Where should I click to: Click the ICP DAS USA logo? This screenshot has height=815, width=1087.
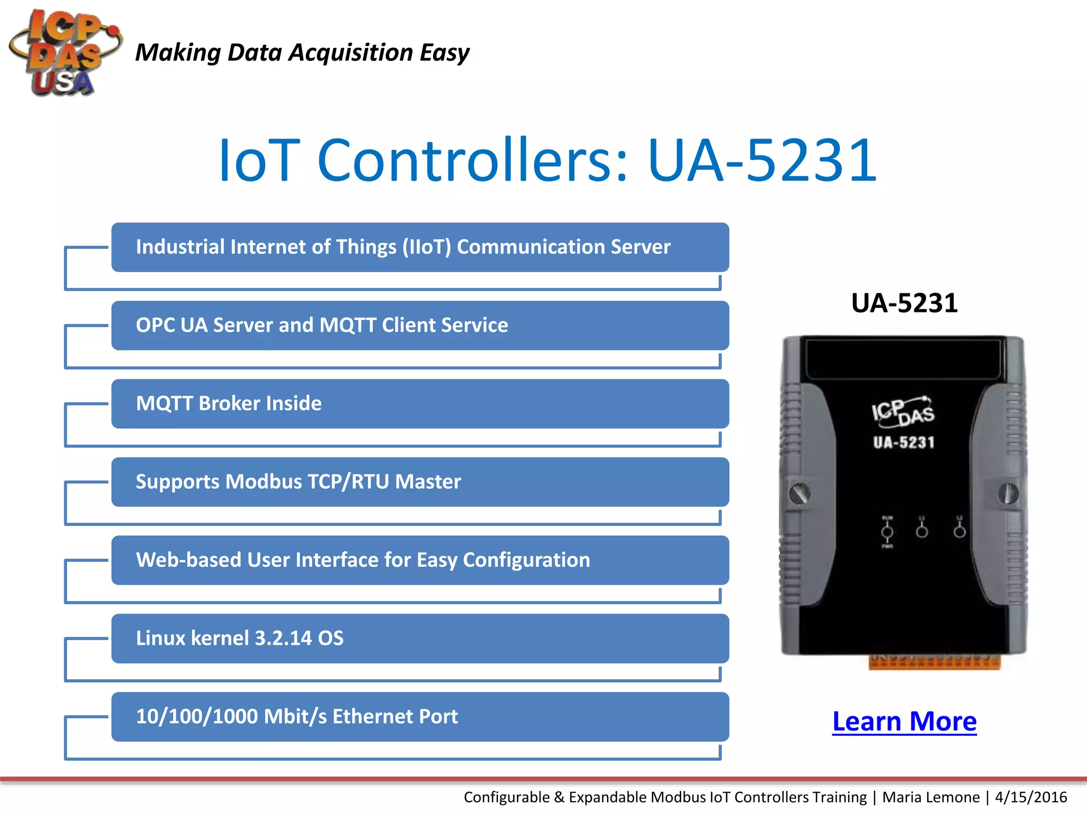click(64, 53)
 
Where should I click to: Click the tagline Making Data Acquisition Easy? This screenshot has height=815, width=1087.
click(302, 53)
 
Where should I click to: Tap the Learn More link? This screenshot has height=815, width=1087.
click(904, 722)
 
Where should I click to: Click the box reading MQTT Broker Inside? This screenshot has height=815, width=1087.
click(419, 404)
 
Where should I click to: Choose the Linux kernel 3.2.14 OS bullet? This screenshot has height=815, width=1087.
click(419, 638)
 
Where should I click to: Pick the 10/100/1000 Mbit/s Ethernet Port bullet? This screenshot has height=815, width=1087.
click(419, 717)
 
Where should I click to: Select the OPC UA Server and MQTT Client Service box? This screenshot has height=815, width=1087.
click(419, 325)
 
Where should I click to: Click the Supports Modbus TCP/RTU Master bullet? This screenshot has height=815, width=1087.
click(419, 482)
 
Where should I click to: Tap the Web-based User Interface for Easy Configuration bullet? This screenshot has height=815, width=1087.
click(419, 560)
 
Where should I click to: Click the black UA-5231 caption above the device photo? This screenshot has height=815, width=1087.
click(904, 304)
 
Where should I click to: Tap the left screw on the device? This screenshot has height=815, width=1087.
click(799, 493)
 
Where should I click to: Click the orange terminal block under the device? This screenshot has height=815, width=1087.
click(934, 662)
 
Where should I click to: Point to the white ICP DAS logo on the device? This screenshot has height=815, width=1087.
click(903, 412)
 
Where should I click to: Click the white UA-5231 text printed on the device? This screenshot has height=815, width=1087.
click(903, 443)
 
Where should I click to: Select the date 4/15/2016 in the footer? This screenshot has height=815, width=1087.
click(1031, 797)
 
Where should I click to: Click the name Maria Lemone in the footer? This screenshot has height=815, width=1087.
click(931, 797)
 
